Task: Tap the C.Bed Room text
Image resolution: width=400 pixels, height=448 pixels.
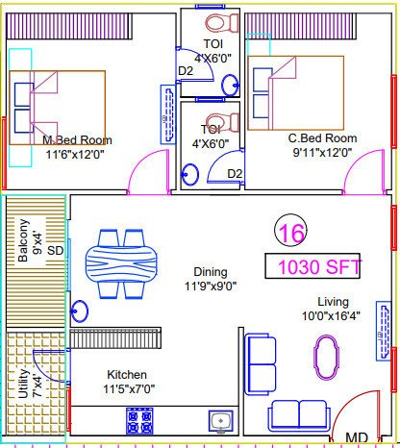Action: (322, 138)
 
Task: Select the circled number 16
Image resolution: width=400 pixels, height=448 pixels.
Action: (288, 232)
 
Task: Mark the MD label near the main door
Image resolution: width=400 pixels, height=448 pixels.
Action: (356, 438)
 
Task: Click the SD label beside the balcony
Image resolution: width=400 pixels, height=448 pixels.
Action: (55, 251)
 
